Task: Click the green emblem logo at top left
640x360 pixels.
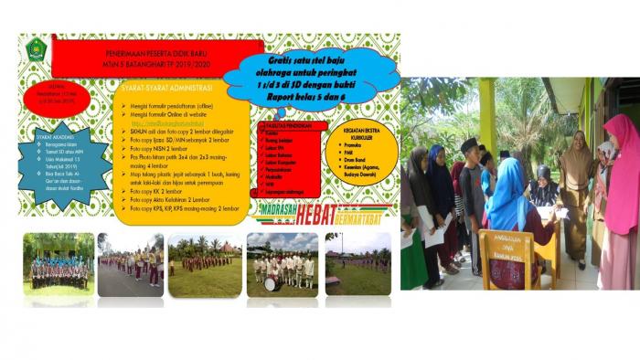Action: click(x=36, y=49)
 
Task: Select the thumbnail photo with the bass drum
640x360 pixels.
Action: click(x=281, y=264)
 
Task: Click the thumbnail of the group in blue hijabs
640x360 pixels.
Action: click(x=59, y=264)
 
